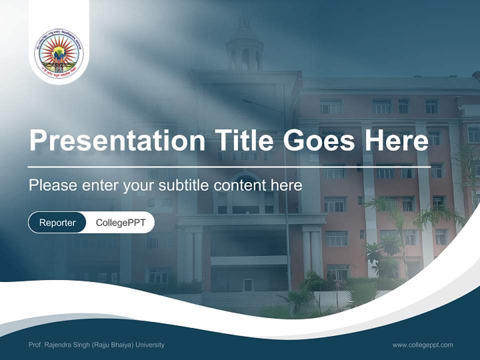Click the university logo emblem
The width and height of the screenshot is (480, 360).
pos(59,53)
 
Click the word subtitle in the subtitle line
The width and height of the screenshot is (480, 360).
pos(184,185)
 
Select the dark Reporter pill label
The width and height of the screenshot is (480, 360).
pos(57,222)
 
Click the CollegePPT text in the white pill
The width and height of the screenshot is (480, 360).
pos(120,222)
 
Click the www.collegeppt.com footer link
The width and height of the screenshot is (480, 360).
pos(422,344)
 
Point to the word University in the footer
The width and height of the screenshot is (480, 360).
pos(149,344)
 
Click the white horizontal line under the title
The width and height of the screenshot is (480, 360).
pos(229,166)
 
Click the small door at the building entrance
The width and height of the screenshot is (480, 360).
pos(248,285)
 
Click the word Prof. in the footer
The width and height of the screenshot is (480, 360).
pos(35,344)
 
